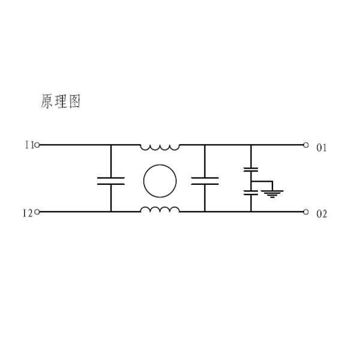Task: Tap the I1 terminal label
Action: (x=28, y=145)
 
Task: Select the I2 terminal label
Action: (x=28, y=212)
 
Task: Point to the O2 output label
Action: (x=322, y=214)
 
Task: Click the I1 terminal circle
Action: (x=37, y=145)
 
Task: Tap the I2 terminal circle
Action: (x=37, y=212)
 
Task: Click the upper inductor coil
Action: (x=160, y=146)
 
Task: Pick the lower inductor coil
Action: (x=160, y=209)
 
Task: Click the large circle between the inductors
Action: (x=160, y=179)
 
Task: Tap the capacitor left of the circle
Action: (x=111, y=181)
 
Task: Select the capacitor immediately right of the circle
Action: (x=205, y=181)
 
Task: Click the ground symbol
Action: (x=272, y=193)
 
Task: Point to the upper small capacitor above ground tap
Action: (x=251, y=170)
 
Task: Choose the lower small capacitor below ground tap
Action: (x=251, y=193)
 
